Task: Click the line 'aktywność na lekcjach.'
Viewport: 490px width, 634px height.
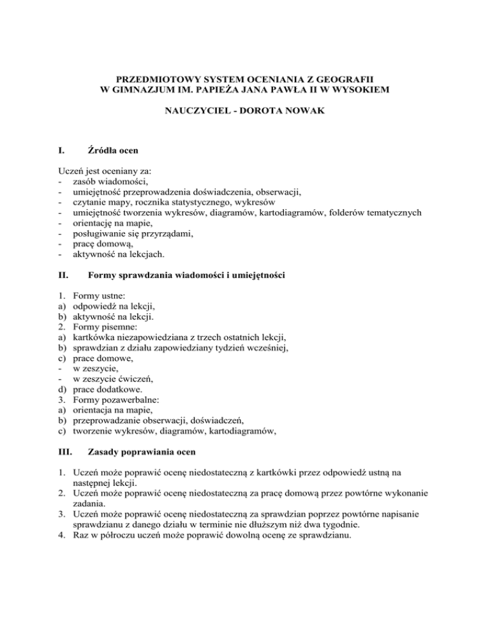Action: point(119,254)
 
